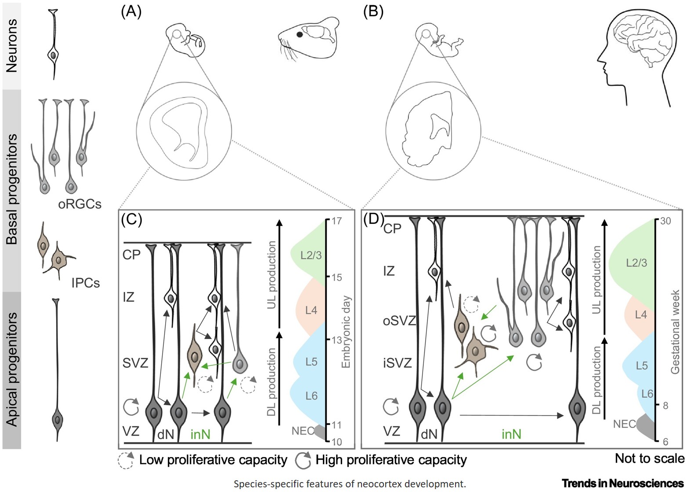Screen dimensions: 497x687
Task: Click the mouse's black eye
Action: point(300,34)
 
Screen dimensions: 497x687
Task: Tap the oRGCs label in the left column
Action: point(80,204)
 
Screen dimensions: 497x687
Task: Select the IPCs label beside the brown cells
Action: point(85,283)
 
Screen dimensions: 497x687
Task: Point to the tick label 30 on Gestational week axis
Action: point(665,221)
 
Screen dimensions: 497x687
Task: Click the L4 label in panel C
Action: point(311,310)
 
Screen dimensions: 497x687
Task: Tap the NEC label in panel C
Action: point(303,431)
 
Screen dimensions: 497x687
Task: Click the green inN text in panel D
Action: point(511,434)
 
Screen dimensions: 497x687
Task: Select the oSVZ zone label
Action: point(399,321)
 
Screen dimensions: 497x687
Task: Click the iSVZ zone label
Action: point(398,363)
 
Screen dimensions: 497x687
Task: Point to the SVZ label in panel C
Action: point(135,363)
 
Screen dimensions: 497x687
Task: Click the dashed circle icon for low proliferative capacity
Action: point(126,461)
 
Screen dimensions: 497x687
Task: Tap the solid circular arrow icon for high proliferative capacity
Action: point(303,460)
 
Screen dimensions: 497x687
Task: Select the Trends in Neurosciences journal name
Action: point(622,483)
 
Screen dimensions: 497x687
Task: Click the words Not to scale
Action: point(649,458)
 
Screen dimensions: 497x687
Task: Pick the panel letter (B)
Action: point(373,11)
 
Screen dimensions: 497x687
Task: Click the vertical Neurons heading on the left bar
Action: point(11,45)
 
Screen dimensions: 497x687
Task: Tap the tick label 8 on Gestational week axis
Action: point(665,405)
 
